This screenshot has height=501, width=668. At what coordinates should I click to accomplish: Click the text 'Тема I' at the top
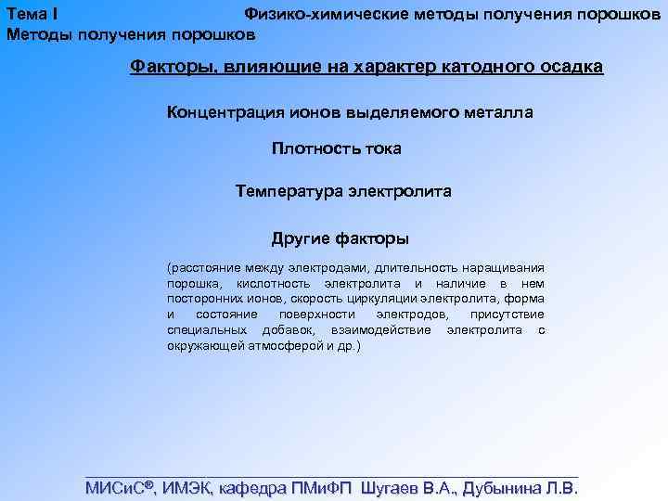click(32, 15)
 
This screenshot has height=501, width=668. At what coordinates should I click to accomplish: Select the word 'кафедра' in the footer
click(256, 489)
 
